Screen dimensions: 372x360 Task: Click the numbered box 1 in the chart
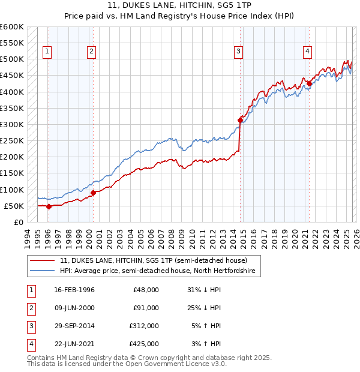pos(47,52)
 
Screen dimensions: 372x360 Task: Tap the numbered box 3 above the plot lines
pos(239,52)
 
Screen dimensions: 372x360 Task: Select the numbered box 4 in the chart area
pos(307,52)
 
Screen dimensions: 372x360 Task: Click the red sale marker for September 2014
pos(240,120)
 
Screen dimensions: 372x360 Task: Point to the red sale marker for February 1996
pos(49,206)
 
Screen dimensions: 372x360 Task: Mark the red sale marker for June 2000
pos(93,193)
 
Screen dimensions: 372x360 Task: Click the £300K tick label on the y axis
pos(11,124)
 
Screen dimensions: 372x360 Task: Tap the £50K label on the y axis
pos(14,206)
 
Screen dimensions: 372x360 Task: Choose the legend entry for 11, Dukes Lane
pos(153,261)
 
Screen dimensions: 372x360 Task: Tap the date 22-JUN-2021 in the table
pos(74,344)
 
